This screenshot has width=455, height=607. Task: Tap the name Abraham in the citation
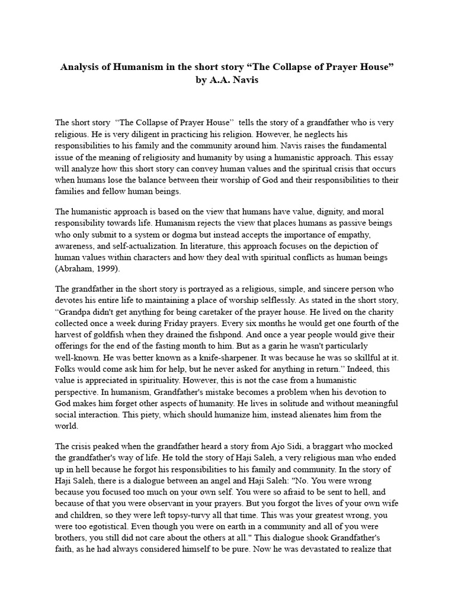[x=76, y=268]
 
